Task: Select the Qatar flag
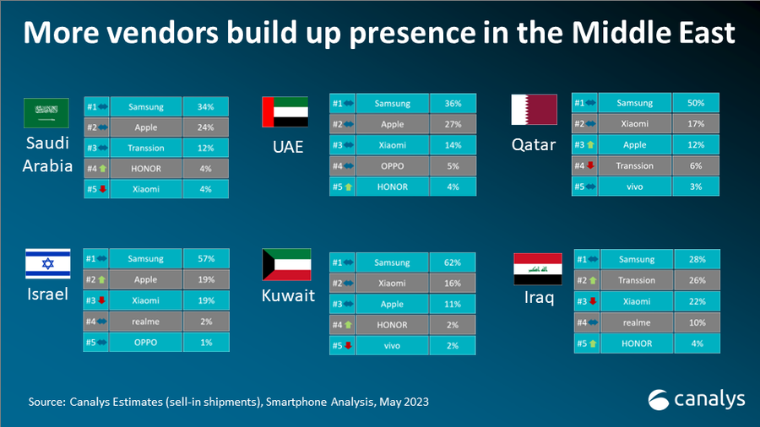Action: (x=534, y=110)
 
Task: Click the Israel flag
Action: (x=47, y=265)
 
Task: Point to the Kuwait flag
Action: (x=286, y=265)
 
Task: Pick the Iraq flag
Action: (x=538, y=268)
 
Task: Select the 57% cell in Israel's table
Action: (x=206, y=257)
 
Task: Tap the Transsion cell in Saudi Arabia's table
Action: (x=146, y=148)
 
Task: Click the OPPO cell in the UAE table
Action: (x=393, y=165)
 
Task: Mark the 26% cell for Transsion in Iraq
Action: (x=697, y=280)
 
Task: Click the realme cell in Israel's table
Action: (x=146, y=322)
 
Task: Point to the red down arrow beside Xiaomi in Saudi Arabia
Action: (x=102, y=189)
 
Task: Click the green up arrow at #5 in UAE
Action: (x=347, y=186)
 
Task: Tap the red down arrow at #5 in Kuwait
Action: (x=347, y=346)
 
